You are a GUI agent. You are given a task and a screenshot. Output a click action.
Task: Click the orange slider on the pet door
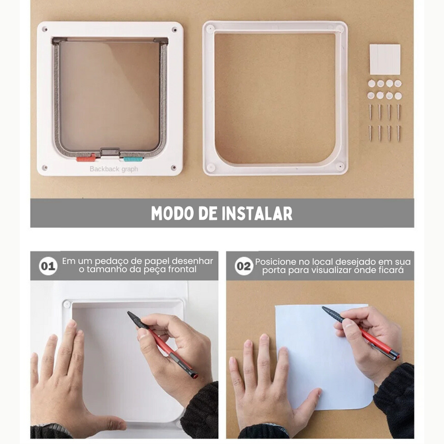[85, 159]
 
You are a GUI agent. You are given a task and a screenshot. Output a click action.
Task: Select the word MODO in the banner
[171, 213]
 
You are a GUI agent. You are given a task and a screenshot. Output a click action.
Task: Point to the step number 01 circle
[48, 266]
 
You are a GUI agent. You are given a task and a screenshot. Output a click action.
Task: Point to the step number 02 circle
[244, 266]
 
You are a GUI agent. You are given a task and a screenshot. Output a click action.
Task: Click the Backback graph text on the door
[114, 169]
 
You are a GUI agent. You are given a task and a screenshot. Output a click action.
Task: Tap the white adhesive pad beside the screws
[385, 59]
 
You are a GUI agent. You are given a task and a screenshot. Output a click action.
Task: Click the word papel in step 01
[144, 260]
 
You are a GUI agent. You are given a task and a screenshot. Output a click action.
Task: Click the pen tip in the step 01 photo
[129, 314]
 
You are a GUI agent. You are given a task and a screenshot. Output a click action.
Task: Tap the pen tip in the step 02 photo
[324, 308]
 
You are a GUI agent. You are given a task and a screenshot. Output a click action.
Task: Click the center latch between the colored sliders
[109, 152]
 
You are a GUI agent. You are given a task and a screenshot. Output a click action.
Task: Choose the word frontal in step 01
[183, 270]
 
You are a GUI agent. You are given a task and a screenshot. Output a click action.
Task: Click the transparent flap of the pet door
[109, 94]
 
